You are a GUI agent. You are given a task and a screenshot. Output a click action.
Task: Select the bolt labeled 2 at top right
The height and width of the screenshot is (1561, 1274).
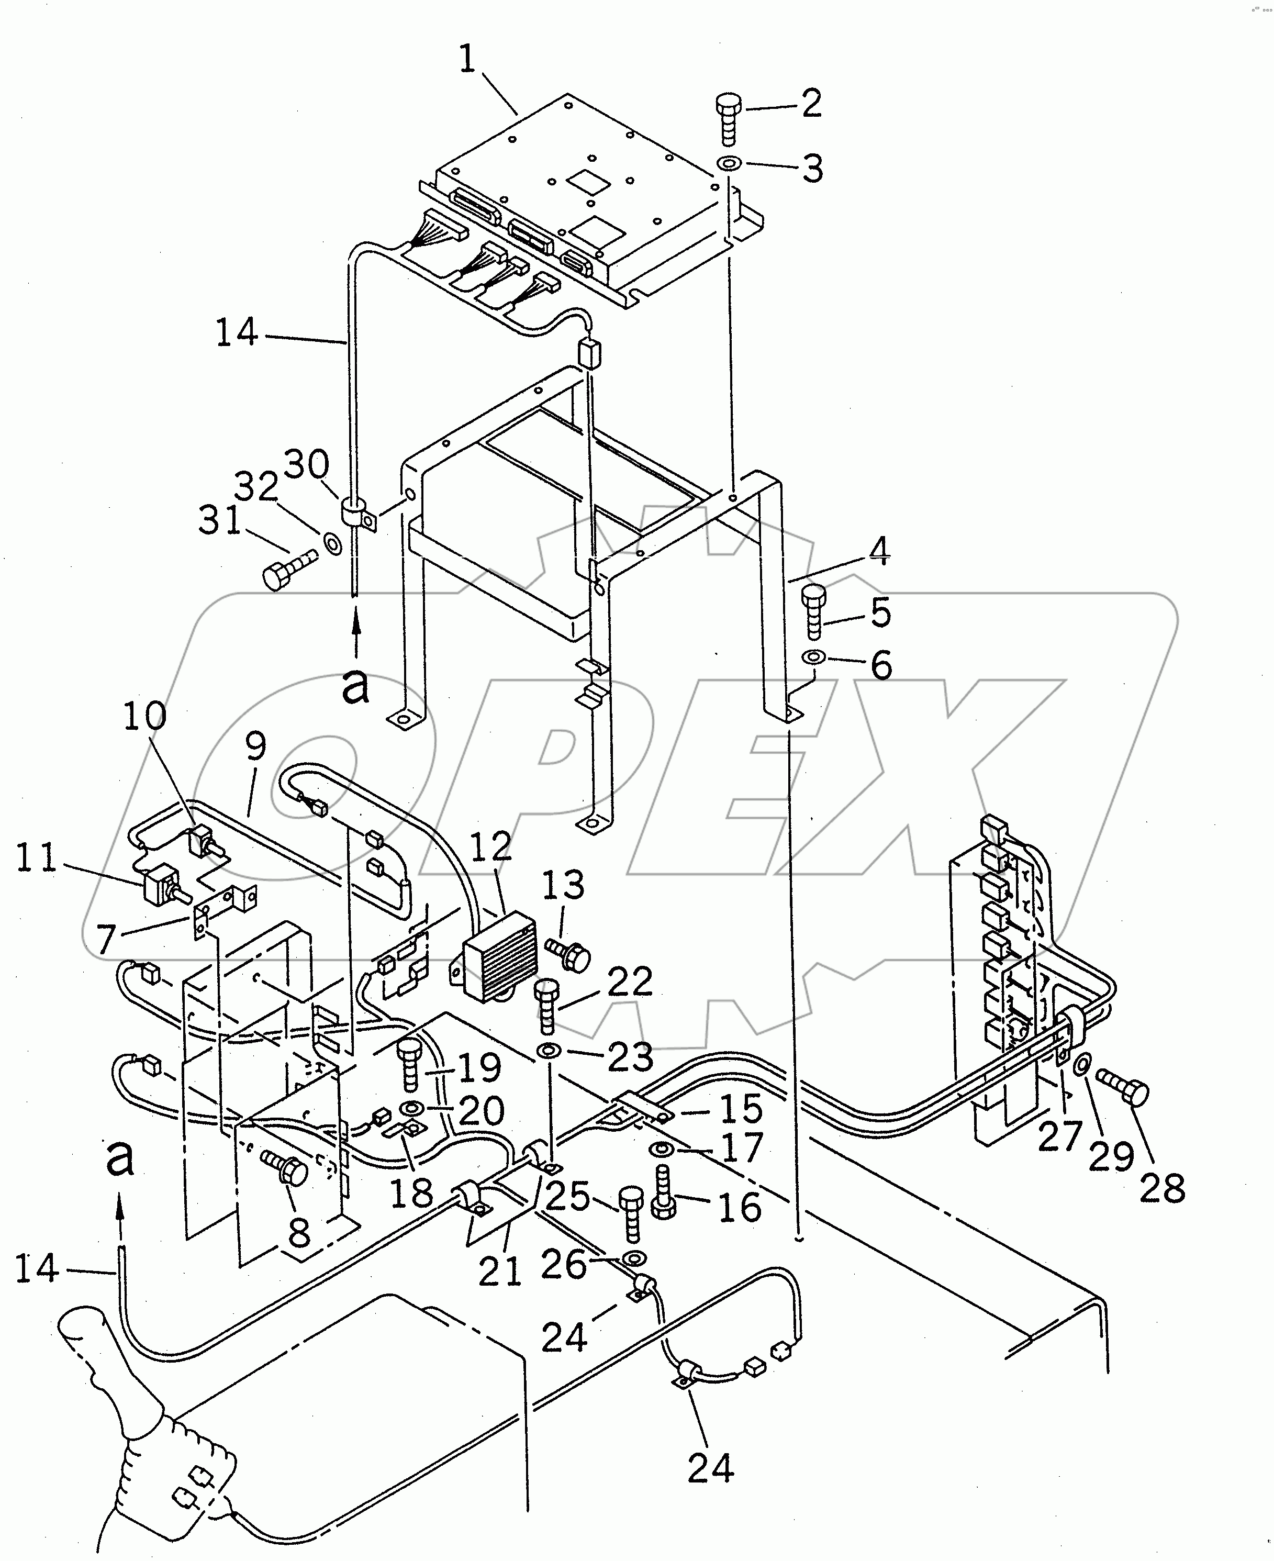tap(728, 118)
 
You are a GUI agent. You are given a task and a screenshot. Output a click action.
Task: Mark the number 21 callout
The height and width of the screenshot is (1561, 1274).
tap(500, 1270)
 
